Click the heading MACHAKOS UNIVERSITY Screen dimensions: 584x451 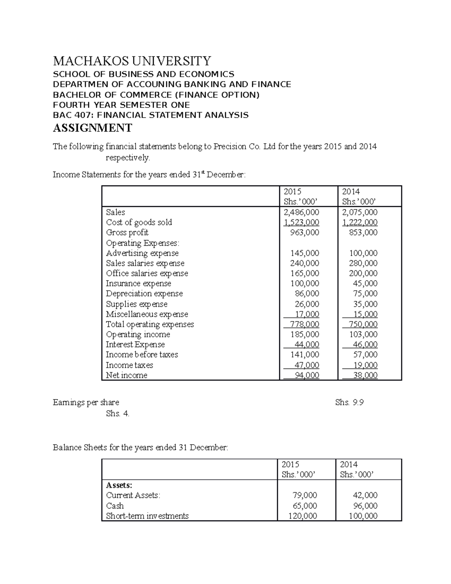[132, 61]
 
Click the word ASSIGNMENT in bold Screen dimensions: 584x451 [92, 128]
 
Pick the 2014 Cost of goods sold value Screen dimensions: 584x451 [360, 222]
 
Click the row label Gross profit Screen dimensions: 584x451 [127, 232]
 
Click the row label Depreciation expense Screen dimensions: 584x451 [144, 294]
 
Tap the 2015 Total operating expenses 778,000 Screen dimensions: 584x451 [304, 324]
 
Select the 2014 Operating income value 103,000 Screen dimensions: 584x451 [363, 334]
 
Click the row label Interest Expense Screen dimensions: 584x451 [135, 344]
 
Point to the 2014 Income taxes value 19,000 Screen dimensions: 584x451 [365, 365]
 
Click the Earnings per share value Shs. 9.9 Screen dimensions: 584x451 [349, 402]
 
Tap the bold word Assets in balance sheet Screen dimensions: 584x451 [119, 485]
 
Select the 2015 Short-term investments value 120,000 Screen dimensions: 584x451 [303, 516]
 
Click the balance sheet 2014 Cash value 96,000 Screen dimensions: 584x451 [363, 506]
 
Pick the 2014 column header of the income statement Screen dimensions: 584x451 [351, 191]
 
